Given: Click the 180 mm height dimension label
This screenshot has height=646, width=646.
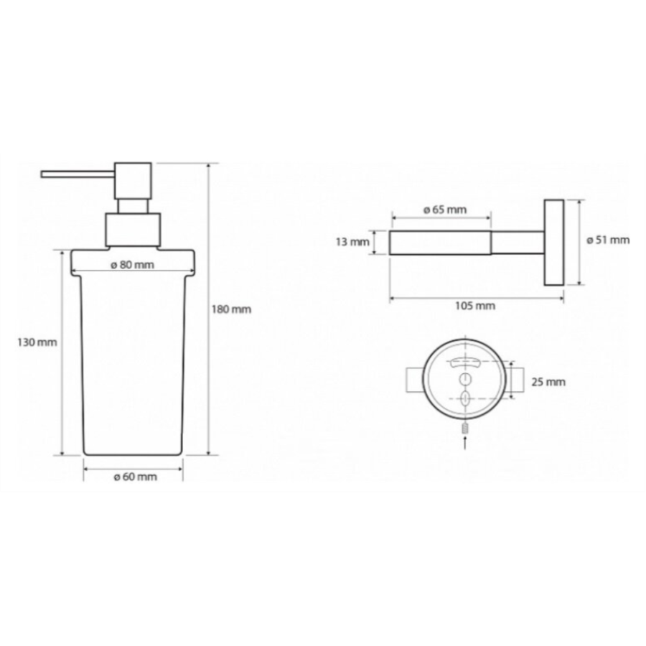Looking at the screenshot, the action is [232, 309].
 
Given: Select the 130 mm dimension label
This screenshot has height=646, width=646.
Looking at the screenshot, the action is [37, 342].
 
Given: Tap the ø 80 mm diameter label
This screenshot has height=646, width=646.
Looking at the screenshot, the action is [133, 264].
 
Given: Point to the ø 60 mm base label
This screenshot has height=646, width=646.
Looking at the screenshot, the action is [135, 477].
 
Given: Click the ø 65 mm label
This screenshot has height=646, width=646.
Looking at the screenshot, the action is [445, 210].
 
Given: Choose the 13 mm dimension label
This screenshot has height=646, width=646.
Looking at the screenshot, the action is [352, 242].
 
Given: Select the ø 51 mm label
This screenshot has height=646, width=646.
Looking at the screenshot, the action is [608, 240].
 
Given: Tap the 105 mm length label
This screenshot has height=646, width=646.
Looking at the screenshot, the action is [475, 306].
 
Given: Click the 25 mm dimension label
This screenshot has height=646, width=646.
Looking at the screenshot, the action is [548, 382].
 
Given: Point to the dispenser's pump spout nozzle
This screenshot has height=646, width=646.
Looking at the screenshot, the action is [78, 174].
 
